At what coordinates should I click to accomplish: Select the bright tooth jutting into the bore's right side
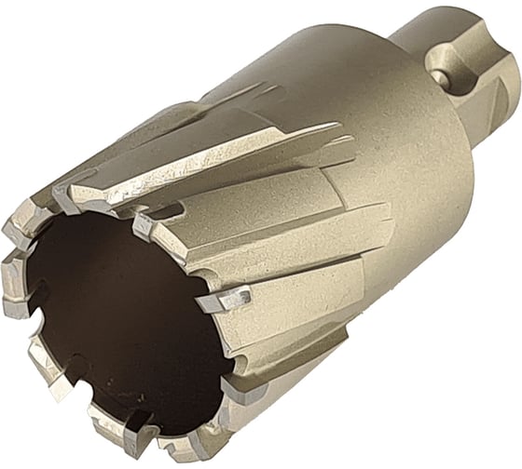tap(225, 301)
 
